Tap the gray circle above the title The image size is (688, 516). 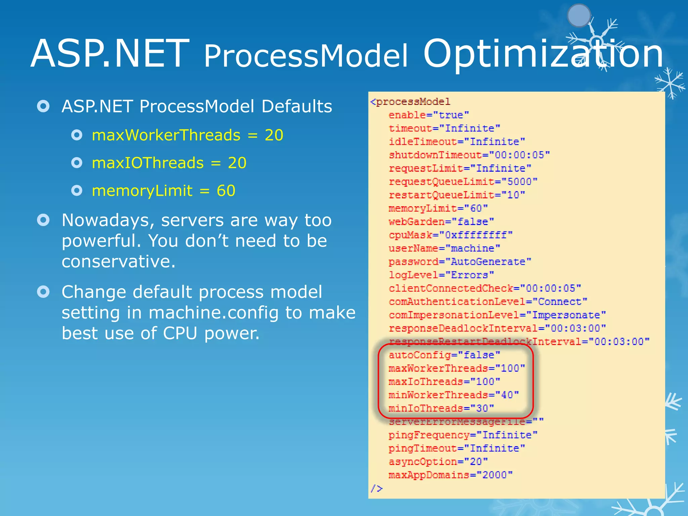578,15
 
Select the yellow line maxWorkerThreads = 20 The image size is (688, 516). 187,135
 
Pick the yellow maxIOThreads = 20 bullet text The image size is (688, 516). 169,163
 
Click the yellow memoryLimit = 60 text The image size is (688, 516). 164,191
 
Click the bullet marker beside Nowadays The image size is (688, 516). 43,220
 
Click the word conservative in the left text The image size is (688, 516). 118,262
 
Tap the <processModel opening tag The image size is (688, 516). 410,102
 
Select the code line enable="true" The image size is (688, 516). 428,115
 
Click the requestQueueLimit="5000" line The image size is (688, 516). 463,182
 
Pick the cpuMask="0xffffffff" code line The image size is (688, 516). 450,235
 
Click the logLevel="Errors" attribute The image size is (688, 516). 441,275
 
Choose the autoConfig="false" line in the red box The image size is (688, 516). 444,355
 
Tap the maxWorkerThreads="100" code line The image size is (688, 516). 457,369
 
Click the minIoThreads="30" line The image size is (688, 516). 441,408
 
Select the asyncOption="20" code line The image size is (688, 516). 438,462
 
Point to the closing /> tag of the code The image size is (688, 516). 376,488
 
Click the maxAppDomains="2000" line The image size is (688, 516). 450,475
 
